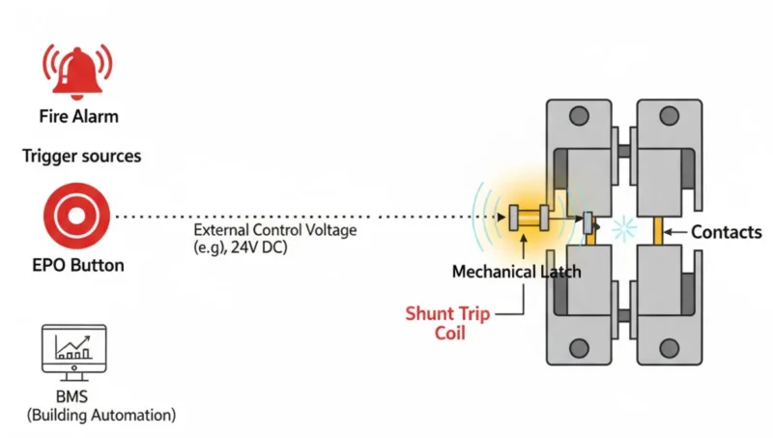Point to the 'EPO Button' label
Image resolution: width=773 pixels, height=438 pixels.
(77, 264)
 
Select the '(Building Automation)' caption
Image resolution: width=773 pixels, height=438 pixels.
(102, 415)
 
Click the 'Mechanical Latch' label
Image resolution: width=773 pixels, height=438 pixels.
(517, 272)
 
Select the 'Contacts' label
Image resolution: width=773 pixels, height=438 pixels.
(727, 232)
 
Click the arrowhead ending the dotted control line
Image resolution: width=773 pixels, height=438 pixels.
(502, 216)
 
